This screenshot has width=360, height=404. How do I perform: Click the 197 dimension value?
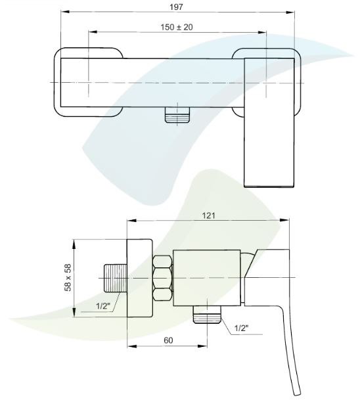pyautogui.click(x=176, y=7)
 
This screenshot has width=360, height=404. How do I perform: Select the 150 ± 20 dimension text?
pyautogui.click(x=177, y=27)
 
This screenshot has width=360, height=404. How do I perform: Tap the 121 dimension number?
pyautogui.click(x=208, y=215)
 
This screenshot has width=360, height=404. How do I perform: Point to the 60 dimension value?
pyautogui.click(x=168, y=340)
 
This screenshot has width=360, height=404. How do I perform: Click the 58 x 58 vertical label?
pyautogui.click(x=68, y=277)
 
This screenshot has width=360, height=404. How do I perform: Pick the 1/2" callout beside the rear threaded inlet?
pyautogui.click(x=103, y=306)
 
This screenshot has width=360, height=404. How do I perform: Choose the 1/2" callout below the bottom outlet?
pyautogui.click(x=242, y=328)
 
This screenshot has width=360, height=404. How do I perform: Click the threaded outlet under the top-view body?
pyautogui.click(x=177, y=115)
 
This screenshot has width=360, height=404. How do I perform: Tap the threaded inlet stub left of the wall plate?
pyautogui.click(x=116, y=279)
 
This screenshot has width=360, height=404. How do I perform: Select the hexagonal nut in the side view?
pyautogui.click(x=163, y=278)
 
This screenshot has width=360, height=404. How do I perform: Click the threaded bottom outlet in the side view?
pyautogui.click(x=208, y=315)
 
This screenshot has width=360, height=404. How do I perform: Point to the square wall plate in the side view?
pyautogui.click(x=140, y=279)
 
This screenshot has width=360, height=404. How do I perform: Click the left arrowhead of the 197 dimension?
pyautogui.click(x=64, y=12)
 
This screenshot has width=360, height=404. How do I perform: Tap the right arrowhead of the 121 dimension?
pyautogui.click(x=286, y=220)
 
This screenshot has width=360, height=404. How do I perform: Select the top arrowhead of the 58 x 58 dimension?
pyautogui.click(x=74, y=243)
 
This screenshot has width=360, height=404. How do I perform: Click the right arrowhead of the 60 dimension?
pyautogui.click(x=203, y=346)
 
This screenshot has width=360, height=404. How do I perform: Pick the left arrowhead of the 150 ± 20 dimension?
pyautogui.click(x=92, y=32)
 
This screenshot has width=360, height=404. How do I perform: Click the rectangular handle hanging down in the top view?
pyautogui.click(x=269, y=122)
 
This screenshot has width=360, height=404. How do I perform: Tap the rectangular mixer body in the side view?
pyautogui.click(x=207, y=278)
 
